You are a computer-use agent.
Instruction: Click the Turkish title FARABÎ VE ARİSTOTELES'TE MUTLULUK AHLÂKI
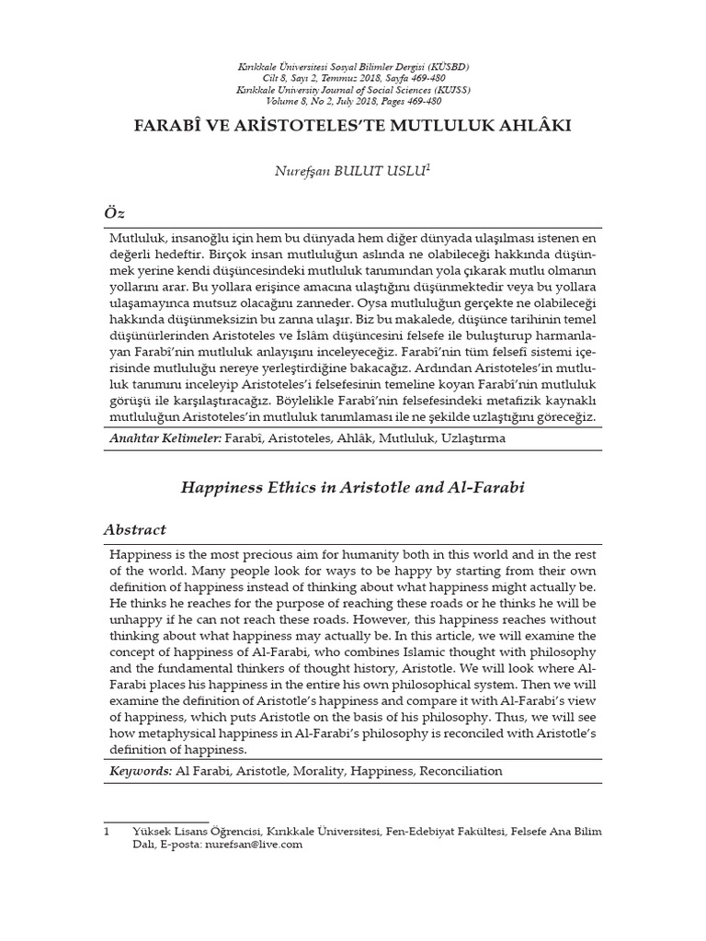coord(353,124)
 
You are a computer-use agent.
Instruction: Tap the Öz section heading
coord(113,213)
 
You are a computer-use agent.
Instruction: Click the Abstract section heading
coord(134,529)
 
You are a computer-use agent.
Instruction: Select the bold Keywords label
coord(140,771)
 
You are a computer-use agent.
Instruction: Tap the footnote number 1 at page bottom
coord(107,832)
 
